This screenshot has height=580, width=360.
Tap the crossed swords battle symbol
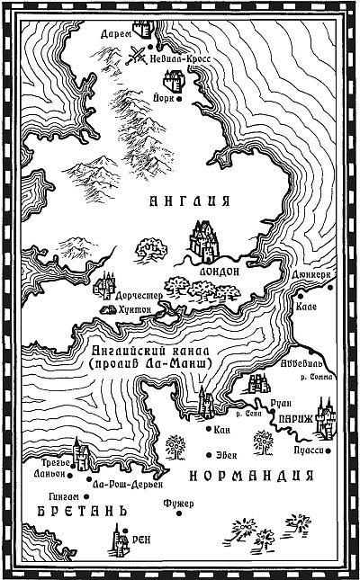pos(138,55)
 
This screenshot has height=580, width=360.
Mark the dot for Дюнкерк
pos(331,287)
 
